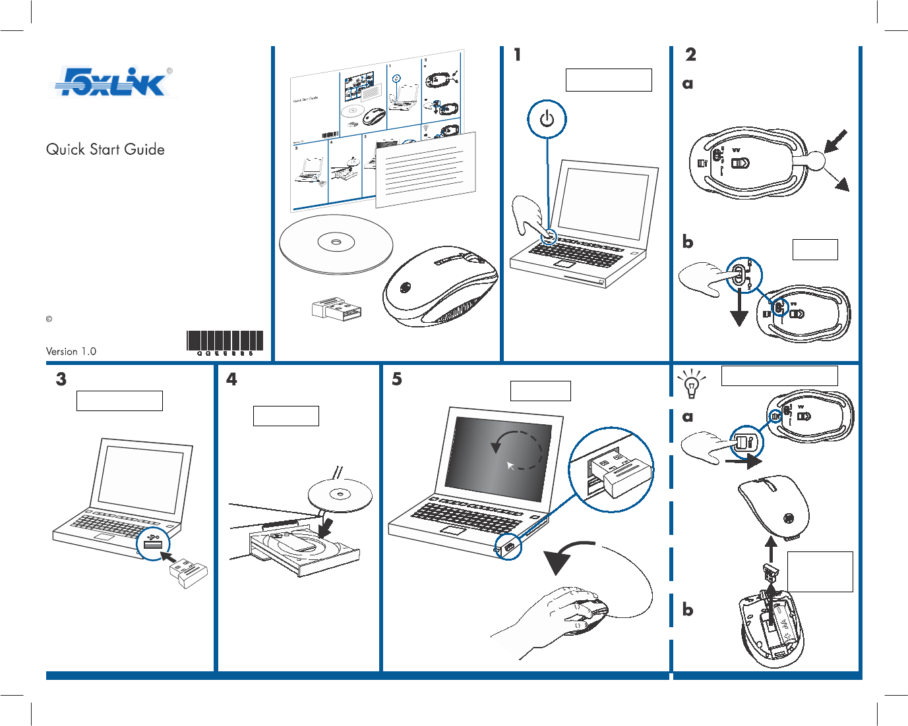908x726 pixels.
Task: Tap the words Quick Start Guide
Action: (x=106, y=150)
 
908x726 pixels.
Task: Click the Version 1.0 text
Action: (x=71, y=351)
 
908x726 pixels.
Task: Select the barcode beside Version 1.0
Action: (x=225, y=341)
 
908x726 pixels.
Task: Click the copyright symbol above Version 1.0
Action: (x=49, y=320)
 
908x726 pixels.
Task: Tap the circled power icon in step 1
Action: (x=547, y=119)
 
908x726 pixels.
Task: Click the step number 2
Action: (x=690, y=55)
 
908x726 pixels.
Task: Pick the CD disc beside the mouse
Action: (x=336, y=243)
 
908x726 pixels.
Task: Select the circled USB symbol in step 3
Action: (x=154, y=542)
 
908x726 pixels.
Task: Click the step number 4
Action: (x=231, y=379)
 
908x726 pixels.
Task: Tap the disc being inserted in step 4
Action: (x=340, y=495)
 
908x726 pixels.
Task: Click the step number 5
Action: (x=397, y=379)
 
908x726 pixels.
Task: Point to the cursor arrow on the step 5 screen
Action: (x=510, y=466)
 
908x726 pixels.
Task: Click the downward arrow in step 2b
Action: (x=739, y=314)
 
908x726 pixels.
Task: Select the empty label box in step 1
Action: (x=608, y=80)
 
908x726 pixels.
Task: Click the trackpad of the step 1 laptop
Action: (x=565, y=264)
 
